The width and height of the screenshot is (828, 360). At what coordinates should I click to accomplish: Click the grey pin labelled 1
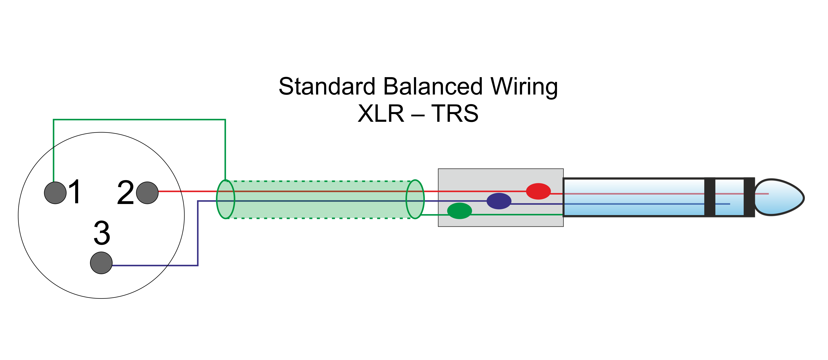pyautogui.click(x=55, y=193)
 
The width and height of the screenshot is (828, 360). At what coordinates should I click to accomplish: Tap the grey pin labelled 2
pyautogui.click(x=147, y=193)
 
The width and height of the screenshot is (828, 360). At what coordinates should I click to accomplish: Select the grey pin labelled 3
pyautogui.click(x=101, y=263)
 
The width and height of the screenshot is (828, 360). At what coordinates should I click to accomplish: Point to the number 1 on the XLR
pyautogui.click(x=75, y=192)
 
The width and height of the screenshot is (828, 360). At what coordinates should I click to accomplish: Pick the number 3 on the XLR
pyautogui.click(x=102, y=233)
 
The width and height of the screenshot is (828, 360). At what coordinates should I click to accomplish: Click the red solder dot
pyautogui.click(x=538, y=191)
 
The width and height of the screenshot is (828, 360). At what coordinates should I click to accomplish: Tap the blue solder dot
pyautogui.click(x=499, y=201)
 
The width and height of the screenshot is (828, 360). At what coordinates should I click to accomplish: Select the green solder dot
pyautogui.click(x=459, y=211)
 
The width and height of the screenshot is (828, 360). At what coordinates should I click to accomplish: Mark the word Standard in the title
pyautogui.click(x=327, y=87)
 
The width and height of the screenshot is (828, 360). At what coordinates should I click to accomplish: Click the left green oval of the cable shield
pyautogui.click(x=226, y=199)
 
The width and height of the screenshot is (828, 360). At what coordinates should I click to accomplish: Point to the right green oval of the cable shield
pyautogui.click(x=415, y=199)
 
